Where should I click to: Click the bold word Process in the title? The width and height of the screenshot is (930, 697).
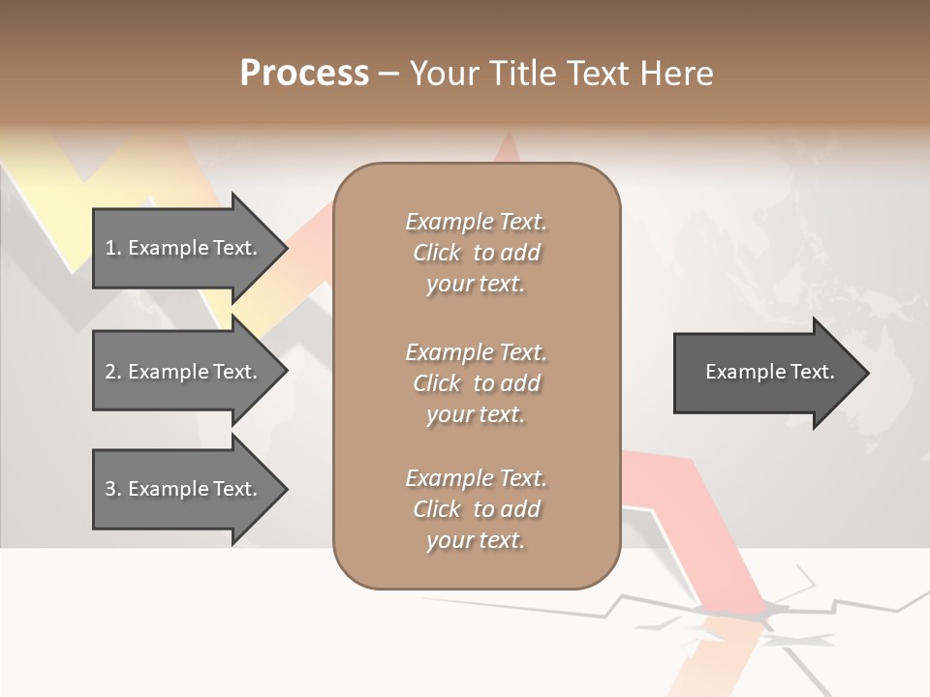point(304,74)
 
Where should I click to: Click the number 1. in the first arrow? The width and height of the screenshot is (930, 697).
point(113,248)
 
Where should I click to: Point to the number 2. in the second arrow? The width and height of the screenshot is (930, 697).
point(113,372)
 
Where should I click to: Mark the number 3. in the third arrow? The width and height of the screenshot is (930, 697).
point(113,489)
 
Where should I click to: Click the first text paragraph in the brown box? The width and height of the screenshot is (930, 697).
point(476,253)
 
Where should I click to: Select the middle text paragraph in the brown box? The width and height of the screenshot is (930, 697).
point(476,383)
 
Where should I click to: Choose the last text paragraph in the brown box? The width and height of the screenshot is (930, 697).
point(476,509)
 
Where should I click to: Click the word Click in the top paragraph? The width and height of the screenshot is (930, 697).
point(437,253)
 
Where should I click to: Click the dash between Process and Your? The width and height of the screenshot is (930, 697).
point(389,74)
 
